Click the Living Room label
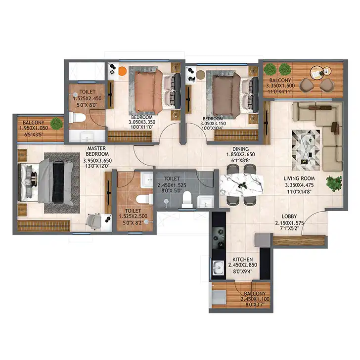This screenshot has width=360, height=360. (x=299, y=179)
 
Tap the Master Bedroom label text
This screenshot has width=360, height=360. (x=97, y=151)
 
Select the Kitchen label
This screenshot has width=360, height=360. (x=243, y=260)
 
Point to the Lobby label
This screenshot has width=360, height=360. (x=289, y=216)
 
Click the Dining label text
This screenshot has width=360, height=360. (x=241, y=149)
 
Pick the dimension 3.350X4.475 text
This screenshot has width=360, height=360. (x=299, y=185)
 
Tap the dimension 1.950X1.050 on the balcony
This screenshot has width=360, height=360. (x=34, y=129)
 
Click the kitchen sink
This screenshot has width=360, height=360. (x=219, y=268)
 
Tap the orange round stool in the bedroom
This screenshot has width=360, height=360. (x=123, y=71)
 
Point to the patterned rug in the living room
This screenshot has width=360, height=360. (x=306, y=150)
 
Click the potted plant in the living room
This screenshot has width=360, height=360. (x=334, y=183)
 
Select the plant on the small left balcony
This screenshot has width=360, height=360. (x=56, y=123)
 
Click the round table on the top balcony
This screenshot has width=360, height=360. (x=318, y=73)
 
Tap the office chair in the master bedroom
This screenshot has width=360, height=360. (x=93, y=222)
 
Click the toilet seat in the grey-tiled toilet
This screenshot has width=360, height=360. (x=186, y=199)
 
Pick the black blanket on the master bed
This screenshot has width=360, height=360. (x=58, y=181)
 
